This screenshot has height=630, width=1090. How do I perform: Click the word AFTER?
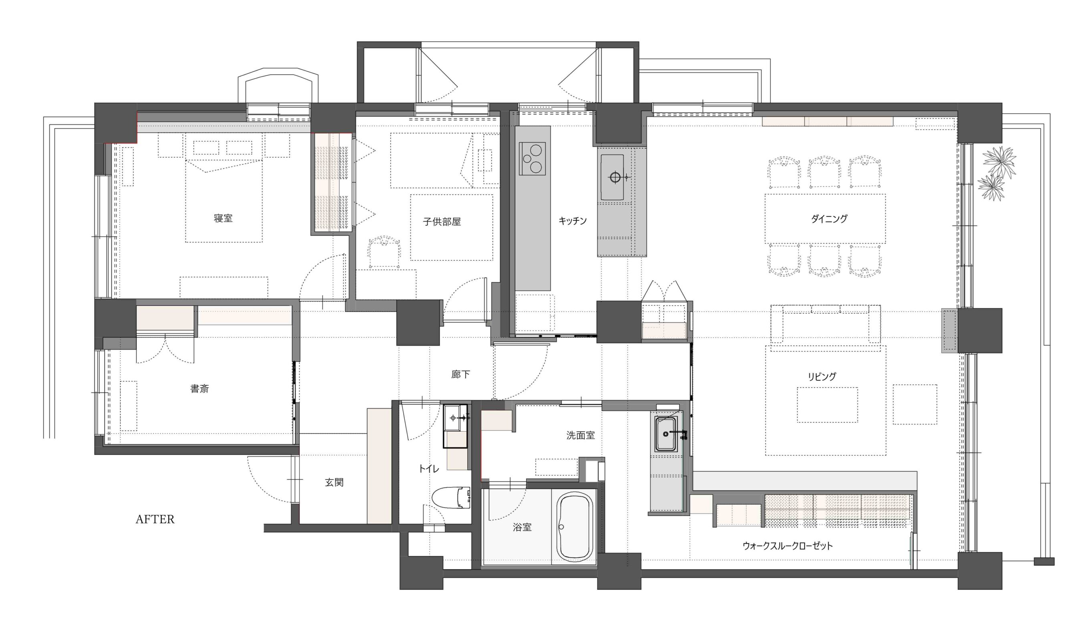(x=155, y=519)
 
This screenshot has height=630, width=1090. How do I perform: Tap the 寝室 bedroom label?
(x=223, y=218)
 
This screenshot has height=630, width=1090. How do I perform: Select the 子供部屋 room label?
(x=442, y=222)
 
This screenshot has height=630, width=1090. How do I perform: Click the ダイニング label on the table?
(x=829, y=219)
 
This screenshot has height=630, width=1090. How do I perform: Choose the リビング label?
(x=822, y=376)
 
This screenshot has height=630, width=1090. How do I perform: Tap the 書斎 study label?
(x=200, y=389)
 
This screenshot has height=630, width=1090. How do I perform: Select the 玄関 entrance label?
(x=334, y=483)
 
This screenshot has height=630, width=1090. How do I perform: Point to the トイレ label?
(x=429, y=468)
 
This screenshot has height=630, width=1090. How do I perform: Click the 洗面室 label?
(x=581, y=436)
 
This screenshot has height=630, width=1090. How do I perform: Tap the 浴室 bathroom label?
(x=522, y=527)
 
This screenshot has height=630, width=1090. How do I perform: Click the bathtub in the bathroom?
(x=575, y=527)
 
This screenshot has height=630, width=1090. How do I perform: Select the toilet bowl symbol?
(x=451, y=498)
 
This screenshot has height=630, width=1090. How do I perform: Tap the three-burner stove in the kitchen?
(x=532, y=158)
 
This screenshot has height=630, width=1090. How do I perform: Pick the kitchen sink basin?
(x=612, y=178)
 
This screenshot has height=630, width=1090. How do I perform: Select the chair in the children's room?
(x=384, y=252)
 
